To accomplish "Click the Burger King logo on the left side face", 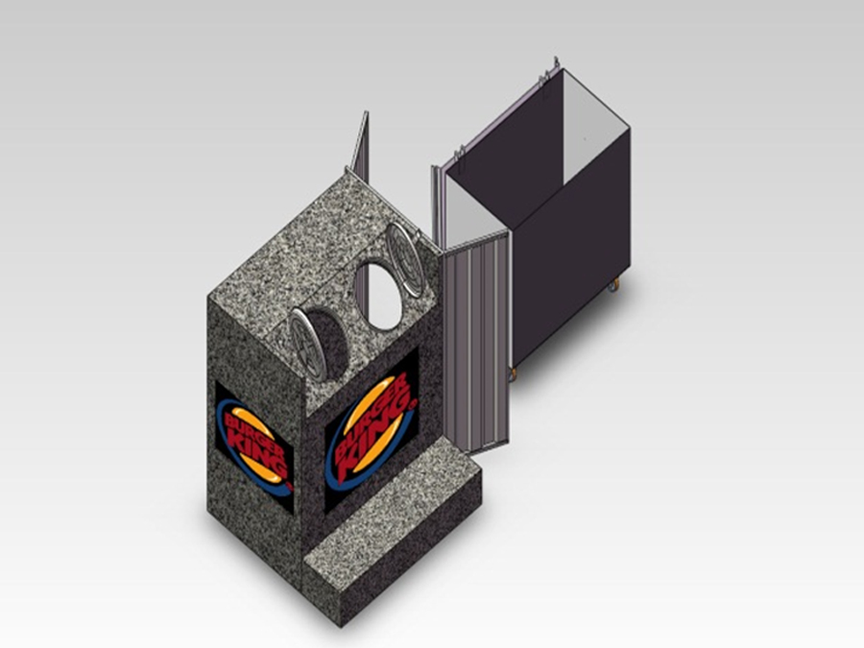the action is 254,447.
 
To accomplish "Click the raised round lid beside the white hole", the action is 405,258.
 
